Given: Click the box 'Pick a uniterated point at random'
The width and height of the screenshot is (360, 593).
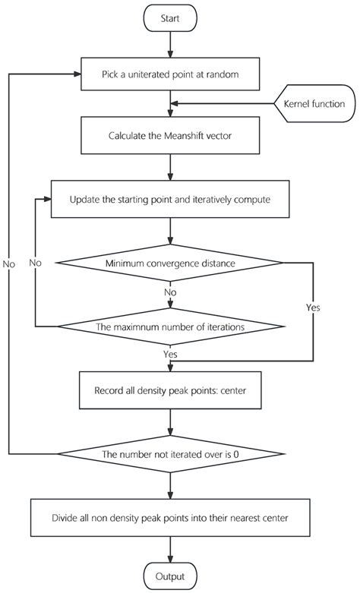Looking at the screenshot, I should [x=170, y=74].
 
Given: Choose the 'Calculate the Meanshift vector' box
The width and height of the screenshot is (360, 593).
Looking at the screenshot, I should [x=170, y=137].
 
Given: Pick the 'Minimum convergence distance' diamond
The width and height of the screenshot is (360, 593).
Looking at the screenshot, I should [x=170, y=263].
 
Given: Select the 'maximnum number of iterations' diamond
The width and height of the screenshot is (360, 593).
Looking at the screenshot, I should [x=170, y=327].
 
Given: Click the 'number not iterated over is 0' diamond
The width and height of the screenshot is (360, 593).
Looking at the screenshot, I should [x=170, y=455].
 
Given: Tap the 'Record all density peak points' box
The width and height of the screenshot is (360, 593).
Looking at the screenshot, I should [x=170, y=392].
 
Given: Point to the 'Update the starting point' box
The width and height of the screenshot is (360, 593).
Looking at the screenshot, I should [x=170, y=200].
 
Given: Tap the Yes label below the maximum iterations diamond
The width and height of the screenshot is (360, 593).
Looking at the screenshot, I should [x=170, y=353].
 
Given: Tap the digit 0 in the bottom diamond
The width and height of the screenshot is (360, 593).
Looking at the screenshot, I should [x=236, y=455].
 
